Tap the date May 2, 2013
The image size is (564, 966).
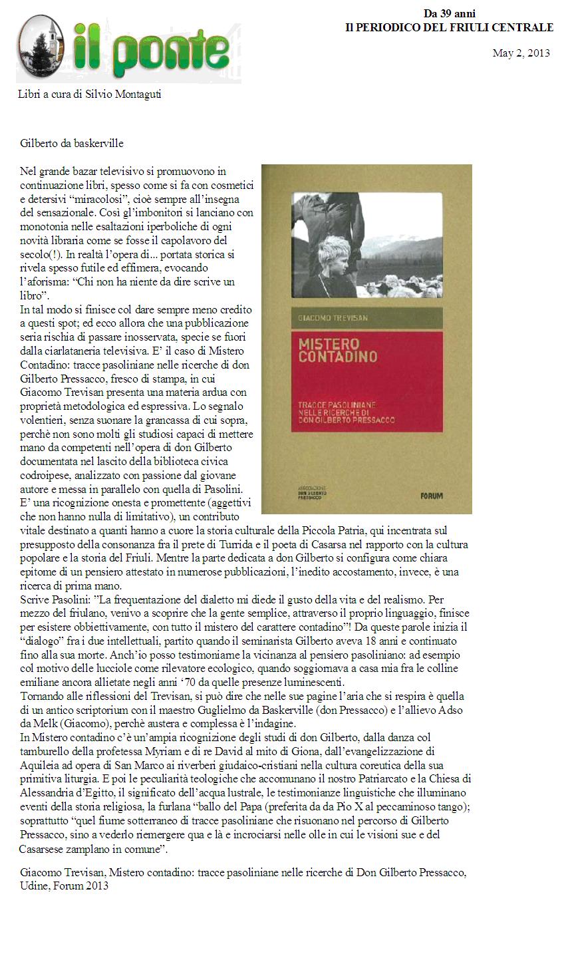pyautogui.click(x=521, y=53)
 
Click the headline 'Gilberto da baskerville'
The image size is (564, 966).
pyautogui.click(x=72, y=143)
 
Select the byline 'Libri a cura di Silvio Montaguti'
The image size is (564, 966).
pyautogui.click(x=89, y=94)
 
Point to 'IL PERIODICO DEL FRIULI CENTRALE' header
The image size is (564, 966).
pyautogui.click(x=450, y=27)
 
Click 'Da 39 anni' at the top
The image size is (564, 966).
pyautogui.click(x=450, y=13)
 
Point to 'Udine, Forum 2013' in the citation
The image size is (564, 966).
pyautogui.click(x=65, y=885)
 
